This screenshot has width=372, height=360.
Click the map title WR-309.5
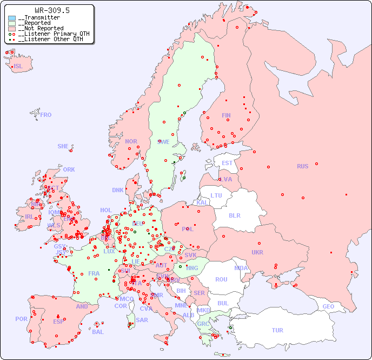pos(52,10)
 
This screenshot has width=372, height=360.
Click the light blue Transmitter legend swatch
pos(12,18)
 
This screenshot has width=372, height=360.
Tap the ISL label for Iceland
pos(18,67)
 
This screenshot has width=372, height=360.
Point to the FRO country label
pos(46,115)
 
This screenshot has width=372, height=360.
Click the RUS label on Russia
pos(302,166)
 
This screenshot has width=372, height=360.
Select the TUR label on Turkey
pos(277,330)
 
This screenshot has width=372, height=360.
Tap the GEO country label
pos(328,306)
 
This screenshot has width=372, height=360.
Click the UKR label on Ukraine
pos(257,252)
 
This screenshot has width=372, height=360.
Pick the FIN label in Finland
pos(226,115)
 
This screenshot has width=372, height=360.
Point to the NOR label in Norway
pos(131,141)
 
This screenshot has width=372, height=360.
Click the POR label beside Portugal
pos(21,319)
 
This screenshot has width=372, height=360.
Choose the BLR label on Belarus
pos(234,215)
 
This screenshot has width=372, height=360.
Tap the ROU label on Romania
pos(221,279)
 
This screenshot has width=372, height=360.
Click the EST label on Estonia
pos(227,163)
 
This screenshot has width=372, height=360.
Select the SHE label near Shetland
pos(63,146)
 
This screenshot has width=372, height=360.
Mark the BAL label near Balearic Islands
pos(98,332)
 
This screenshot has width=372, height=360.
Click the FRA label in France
pos(94,273)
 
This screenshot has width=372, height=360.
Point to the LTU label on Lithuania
pos(216,195)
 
